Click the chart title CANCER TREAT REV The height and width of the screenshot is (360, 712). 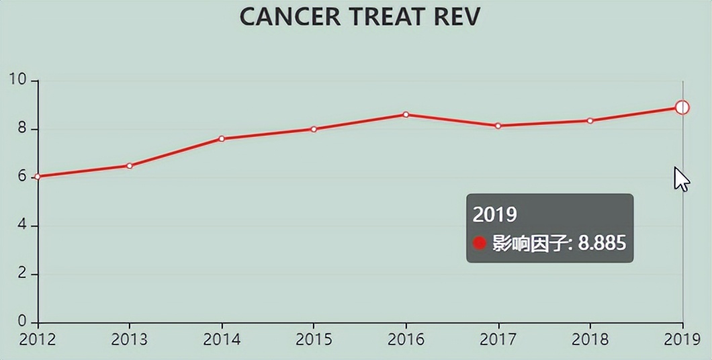pos(359,17)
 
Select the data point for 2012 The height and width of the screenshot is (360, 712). pos(38,177)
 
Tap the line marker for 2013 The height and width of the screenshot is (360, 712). pos(130,165)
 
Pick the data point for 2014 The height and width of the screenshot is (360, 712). pos(222,138)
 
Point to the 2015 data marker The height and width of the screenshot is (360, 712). pos(314,129)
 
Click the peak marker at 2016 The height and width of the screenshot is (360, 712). pos(406,115)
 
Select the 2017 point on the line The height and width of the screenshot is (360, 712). pos(498,126)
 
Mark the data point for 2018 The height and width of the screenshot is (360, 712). pos(590,121)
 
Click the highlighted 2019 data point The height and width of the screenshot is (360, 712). pos(682,107)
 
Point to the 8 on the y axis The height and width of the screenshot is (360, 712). pos(21,129)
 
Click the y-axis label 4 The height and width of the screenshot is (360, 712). pos(21,226)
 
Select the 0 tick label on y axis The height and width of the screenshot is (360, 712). pos(21,322)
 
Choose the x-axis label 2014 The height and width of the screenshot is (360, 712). pos(222,339)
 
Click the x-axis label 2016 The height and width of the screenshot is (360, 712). pos(406,339)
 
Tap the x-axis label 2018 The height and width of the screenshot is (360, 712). pos(590,339)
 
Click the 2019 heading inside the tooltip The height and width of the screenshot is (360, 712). pos(495,214)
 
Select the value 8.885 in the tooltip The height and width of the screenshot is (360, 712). pos(602,242)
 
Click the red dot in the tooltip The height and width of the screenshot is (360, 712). pos(480,243)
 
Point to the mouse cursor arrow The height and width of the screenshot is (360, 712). pos(681,179)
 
